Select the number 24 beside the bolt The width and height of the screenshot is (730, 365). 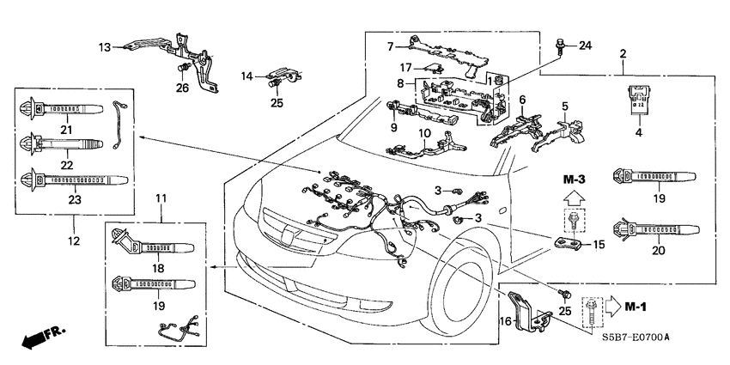tap(586, 45)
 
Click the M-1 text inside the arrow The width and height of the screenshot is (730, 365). tap(635, 305)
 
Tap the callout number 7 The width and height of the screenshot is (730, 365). tap(390, 46)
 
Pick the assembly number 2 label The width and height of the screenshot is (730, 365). tap(623, 53)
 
